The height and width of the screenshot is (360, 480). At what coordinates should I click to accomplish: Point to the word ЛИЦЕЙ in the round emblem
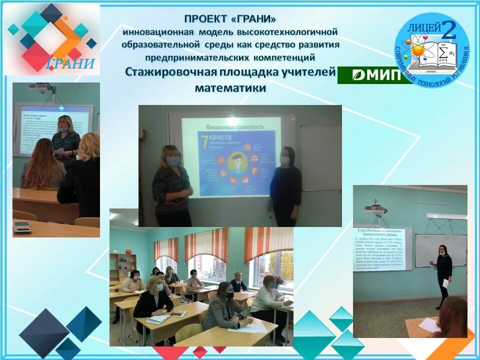424,29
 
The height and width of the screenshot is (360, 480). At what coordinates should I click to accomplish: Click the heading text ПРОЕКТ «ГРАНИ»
230,19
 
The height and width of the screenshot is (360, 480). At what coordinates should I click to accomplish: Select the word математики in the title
230,88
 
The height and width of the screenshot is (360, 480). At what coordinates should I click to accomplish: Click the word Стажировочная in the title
170,72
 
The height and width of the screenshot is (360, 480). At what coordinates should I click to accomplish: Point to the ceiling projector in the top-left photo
40,87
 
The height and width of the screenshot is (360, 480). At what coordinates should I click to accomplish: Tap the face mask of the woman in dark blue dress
284,160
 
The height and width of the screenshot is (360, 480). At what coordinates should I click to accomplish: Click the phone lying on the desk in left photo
22,227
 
